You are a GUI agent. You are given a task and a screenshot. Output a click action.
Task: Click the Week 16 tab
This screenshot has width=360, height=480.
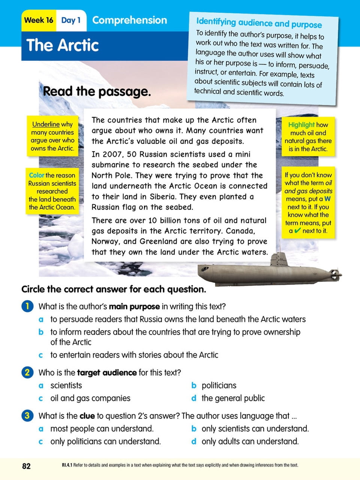pos(39,20)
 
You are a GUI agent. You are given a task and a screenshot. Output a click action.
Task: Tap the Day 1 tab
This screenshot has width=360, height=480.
pos(70,20)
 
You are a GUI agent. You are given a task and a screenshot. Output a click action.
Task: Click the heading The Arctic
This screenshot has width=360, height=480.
pos(63,45)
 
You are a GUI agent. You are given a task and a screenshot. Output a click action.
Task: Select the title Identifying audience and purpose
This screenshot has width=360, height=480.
pos(259,23)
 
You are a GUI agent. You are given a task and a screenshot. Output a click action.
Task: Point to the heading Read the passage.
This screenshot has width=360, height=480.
pos(97,91)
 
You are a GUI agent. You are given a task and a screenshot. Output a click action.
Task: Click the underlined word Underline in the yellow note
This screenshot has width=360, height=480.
pos(46,124)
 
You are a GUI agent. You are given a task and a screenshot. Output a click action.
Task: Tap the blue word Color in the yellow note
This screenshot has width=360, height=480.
pos(36,175)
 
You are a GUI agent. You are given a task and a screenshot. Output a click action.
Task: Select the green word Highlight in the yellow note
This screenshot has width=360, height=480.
pos(301,125)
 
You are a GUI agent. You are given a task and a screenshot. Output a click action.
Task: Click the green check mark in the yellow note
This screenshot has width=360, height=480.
pos(297,231)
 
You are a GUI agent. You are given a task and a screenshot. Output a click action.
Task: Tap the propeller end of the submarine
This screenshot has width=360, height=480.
pos(335,273)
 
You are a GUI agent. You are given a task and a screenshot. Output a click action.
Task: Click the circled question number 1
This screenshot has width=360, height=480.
pos(27,306)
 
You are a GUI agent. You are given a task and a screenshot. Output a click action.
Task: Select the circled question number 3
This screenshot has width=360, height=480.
pos(27,415)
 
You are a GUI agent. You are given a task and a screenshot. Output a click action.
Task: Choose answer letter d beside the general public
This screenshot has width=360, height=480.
pos(194,398)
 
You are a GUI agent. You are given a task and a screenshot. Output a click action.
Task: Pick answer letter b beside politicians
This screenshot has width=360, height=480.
pos(194,385)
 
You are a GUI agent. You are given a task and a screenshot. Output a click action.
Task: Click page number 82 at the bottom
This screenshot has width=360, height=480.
pos(26,466)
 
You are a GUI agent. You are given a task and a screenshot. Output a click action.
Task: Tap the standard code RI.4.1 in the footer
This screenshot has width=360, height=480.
pos(67,465)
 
